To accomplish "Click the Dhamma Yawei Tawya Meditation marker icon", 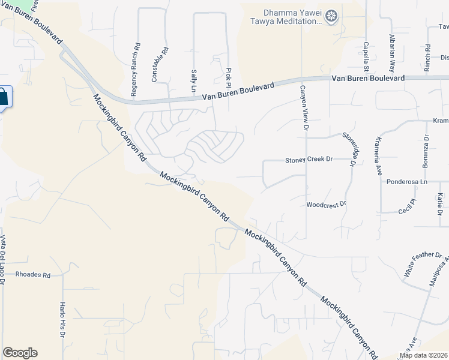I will tap(331, 16).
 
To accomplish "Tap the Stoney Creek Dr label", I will tap(308, 160).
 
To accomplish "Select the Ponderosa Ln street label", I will tap(407, 181).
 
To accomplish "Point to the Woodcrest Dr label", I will tap(327, 204).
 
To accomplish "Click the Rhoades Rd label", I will tap(32, 275).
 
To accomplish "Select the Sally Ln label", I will tap(194, 80).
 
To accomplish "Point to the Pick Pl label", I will tap(229, 77).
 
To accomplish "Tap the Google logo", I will tap(20, 353).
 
